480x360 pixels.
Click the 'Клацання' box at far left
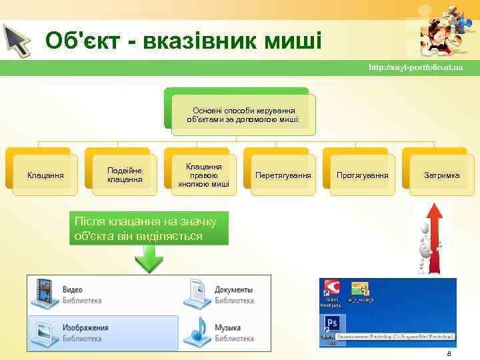coord(45,175)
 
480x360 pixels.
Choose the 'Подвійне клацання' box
coord(125,175)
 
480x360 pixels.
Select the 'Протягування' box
coord(362,175)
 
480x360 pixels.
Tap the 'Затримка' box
coord(441,175)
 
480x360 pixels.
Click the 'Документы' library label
coord(233,291)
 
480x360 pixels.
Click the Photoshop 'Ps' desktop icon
coord(331,325)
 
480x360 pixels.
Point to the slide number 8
coord(449,353)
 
